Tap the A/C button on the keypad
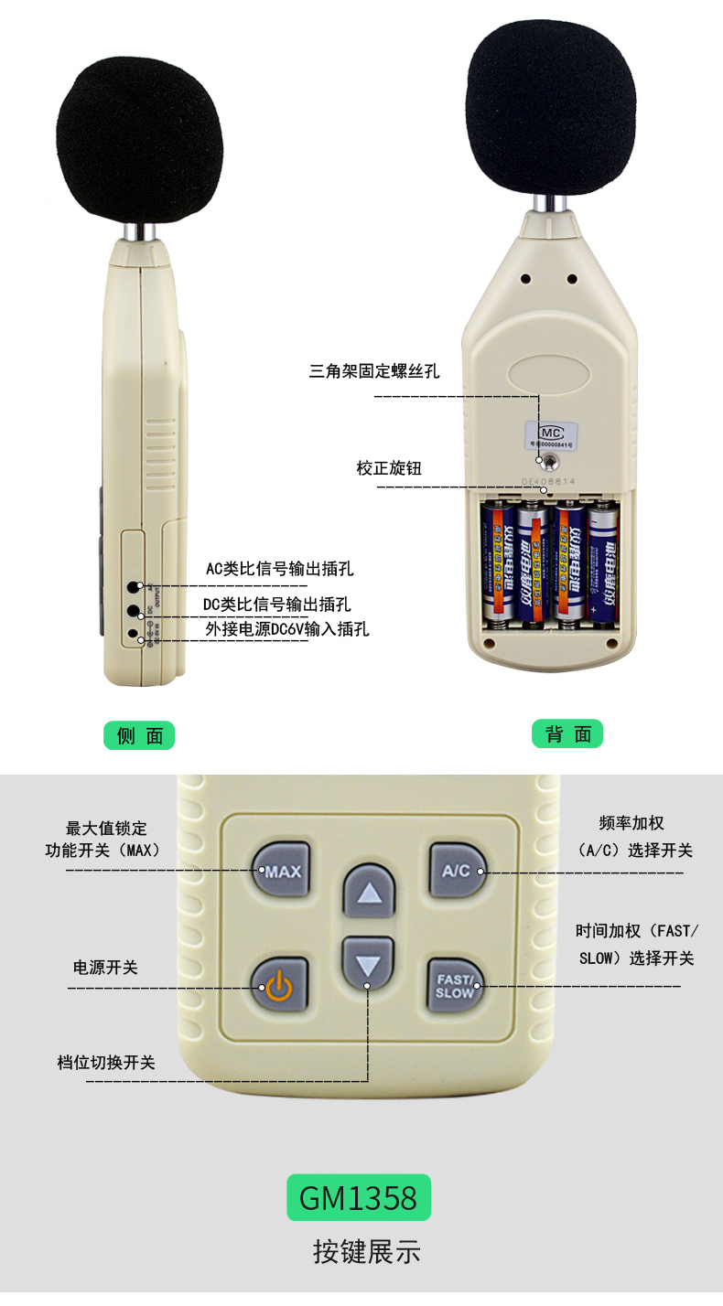click(456, 871)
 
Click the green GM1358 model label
click(358, 1197)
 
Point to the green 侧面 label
click(139, 735)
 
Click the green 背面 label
click(567, 733)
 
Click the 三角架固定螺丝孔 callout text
click(374, 371)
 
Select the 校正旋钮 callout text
click(389, 468)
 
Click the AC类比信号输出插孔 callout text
click(279, 569)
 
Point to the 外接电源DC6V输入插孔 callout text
click(286, 629)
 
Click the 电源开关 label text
click(105, 967)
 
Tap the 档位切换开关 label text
click(106, 1062)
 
